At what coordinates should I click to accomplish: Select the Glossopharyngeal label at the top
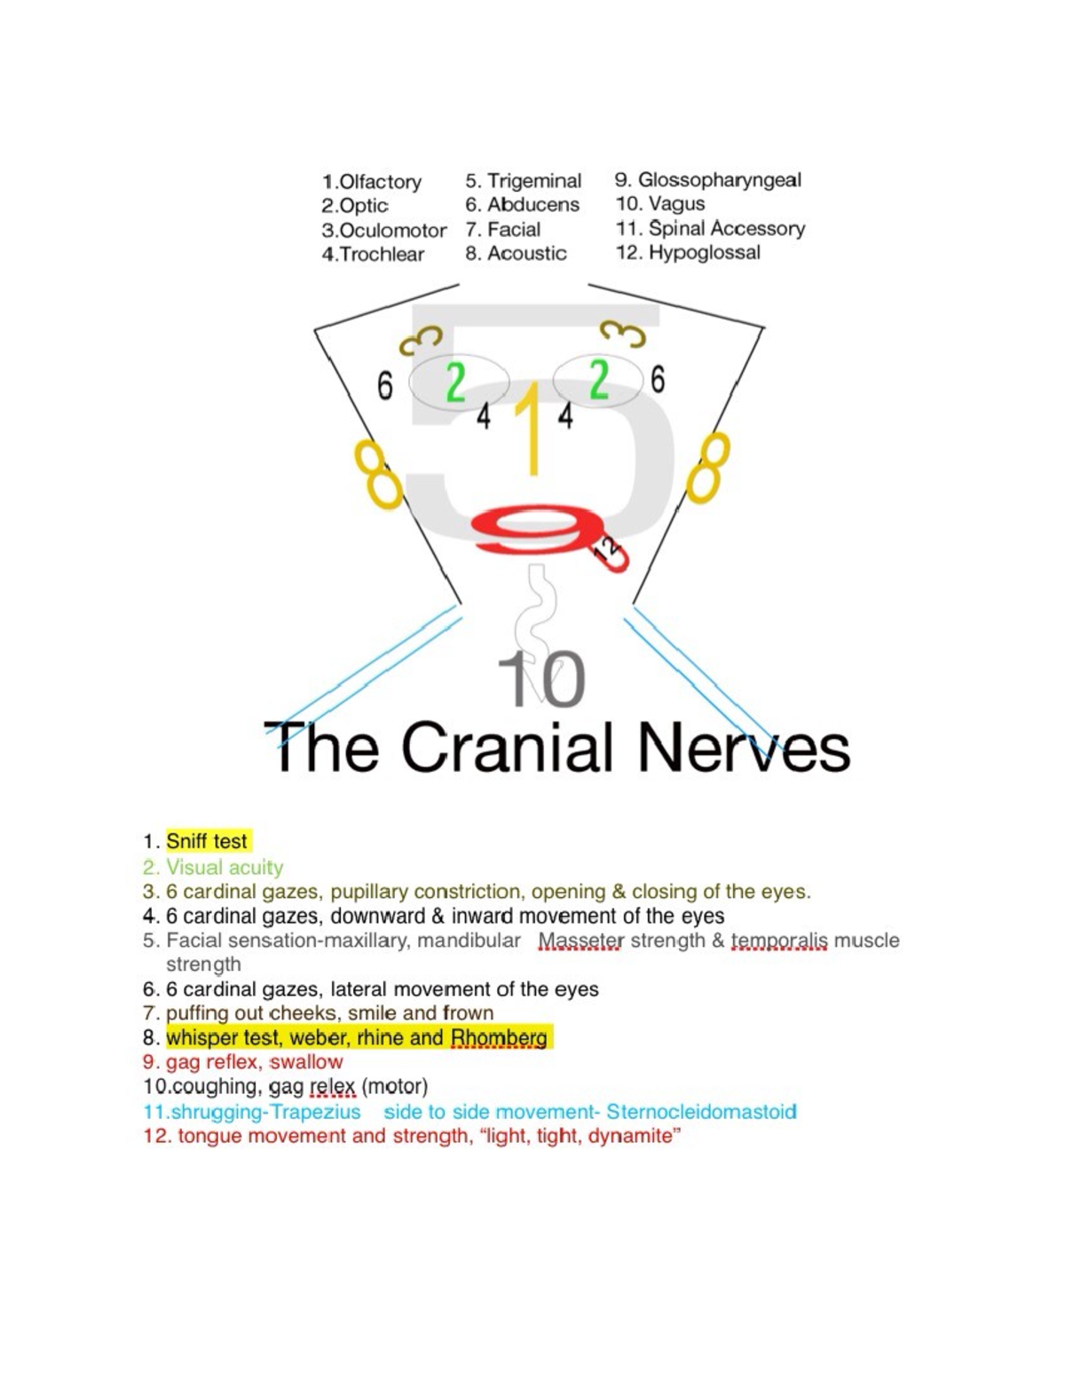point(719,180)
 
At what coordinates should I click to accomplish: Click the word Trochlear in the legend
point(383,255)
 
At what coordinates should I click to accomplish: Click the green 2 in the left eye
point(455,382)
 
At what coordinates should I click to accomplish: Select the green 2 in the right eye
point(599,382)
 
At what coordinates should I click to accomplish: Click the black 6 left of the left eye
point(384,386)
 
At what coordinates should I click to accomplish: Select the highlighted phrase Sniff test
point(207,841)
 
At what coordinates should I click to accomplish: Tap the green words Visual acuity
point(225,867)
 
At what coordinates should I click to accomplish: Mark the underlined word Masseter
point(581,941)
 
